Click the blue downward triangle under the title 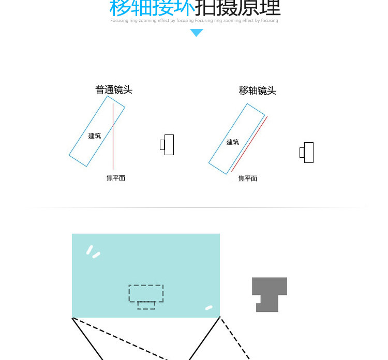[x=197, y=33]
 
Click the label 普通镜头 [x=114, y=89]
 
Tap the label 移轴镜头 [x=257, y=91]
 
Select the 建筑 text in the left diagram [x=95, y=136]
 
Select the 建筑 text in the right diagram [x=233, y=142]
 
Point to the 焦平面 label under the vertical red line [x=116, y=178]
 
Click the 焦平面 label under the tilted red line [x=248, y=178]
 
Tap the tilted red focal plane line [x=250, y=143]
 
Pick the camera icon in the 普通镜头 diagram [x=167, y=145]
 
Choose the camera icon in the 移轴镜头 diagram [x=307, y=153]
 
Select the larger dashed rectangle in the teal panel [x=146, y=293]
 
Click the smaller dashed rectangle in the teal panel [x=146, y=305]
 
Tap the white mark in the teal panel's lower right [x=208, y=308]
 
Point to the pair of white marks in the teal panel [x=93, y=251]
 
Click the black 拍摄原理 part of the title [x=238, y=8]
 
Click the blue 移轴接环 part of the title [x=152, y=8]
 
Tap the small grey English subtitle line [x=194, y=21]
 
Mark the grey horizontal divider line [x=197, y=207]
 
